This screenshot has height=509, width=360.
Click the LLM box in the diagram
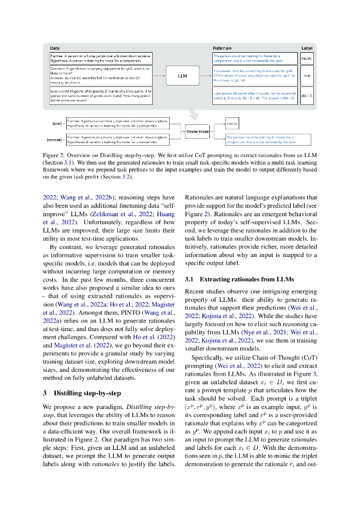[182, 76]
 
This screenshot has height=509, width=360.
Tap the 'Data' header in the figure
[55, 48]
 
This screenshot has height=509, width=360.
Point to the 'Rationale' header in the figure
[222, 48]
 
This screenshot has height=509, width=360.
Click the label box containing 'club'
[307, 76]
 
